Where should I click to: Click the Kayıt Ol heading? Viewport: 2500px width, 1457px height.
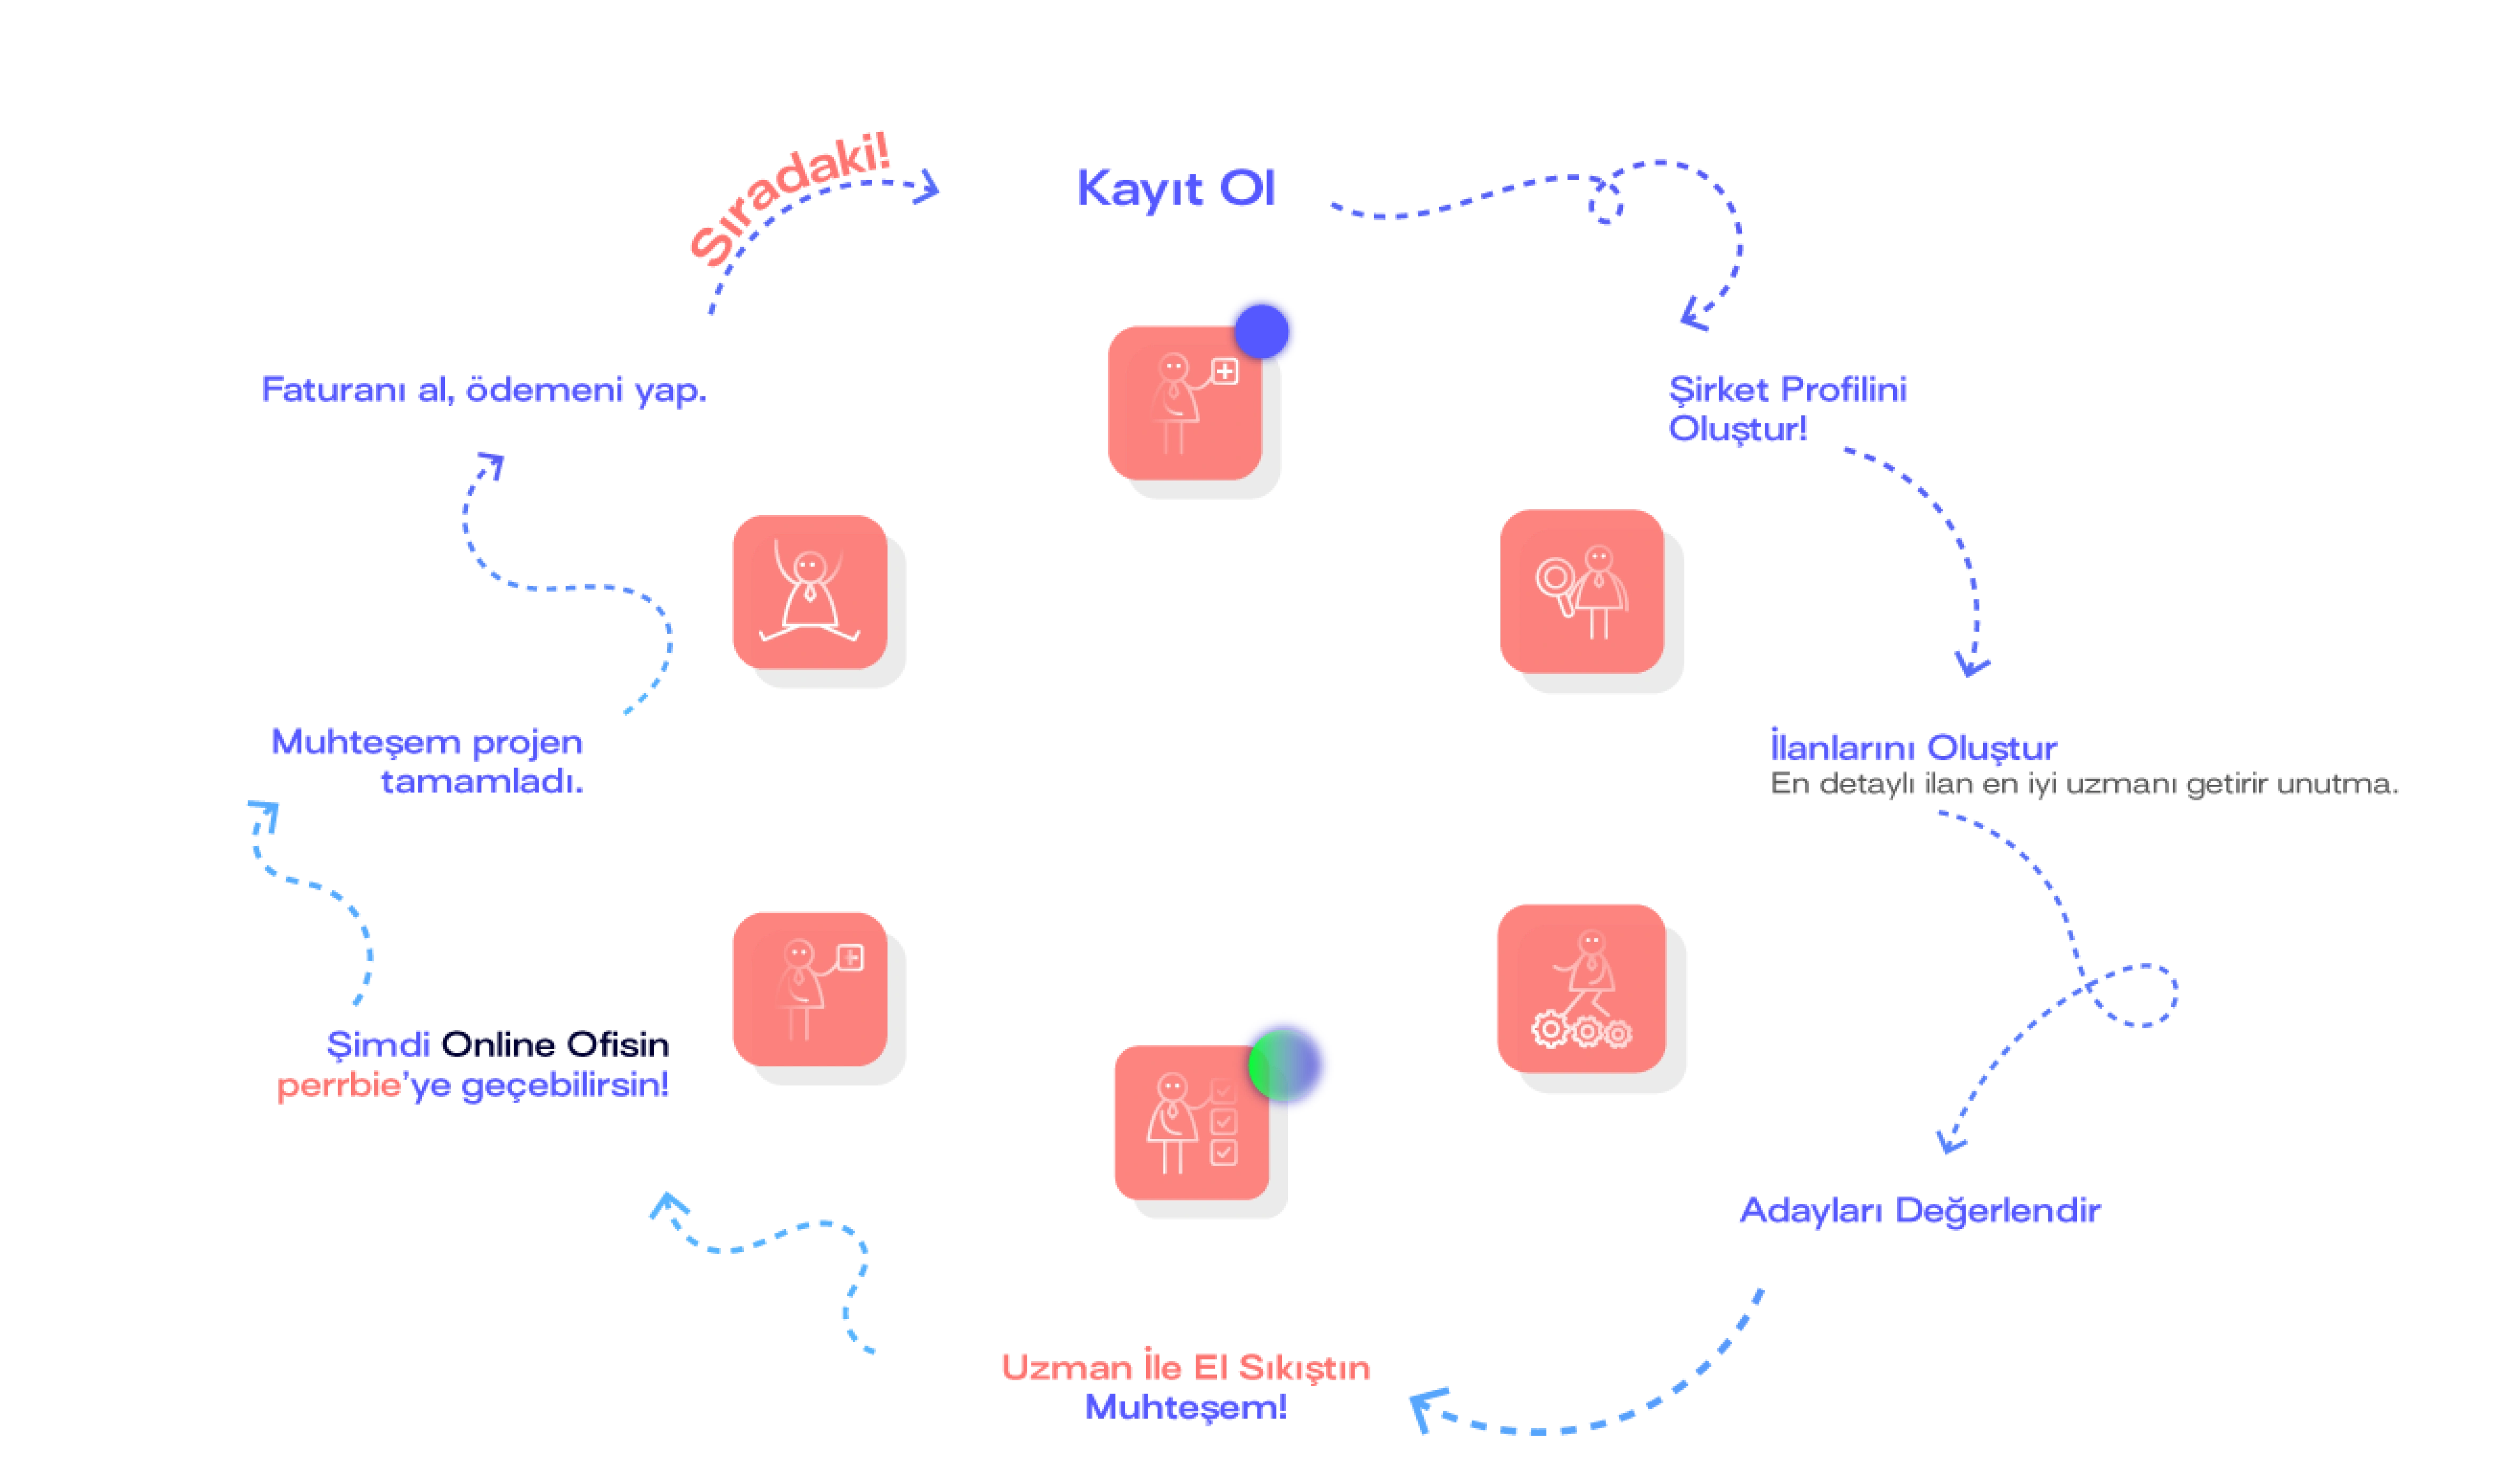tap(1175, 190)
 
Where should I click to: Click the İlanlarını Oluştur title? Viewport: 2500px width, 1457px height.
tap(1913, 747)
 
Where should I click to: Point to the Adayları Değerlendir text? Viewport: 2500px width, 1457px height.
tap(1920, 1211)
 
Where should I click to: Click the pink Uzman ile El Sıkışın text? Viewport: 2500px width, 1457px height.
tap(1187, 1367)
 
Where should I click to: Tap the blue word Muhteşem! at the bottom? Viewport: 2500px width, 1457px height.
tap(1186, 1406)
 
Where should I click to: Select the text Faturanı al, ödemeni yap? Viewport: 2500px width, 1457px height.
tap(483, 391)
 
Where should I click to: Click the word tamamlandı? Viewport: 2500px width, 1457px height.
tap(482, 783)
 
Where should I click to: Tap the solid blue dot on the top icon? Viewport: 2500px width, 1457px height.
tap(1261, 330)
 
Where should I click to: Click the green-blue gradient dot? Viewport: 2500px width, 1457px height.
tap(1284, 1064)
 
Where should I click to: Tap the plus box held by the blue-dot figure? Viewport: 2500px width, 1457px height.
tap(1225, 372)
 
